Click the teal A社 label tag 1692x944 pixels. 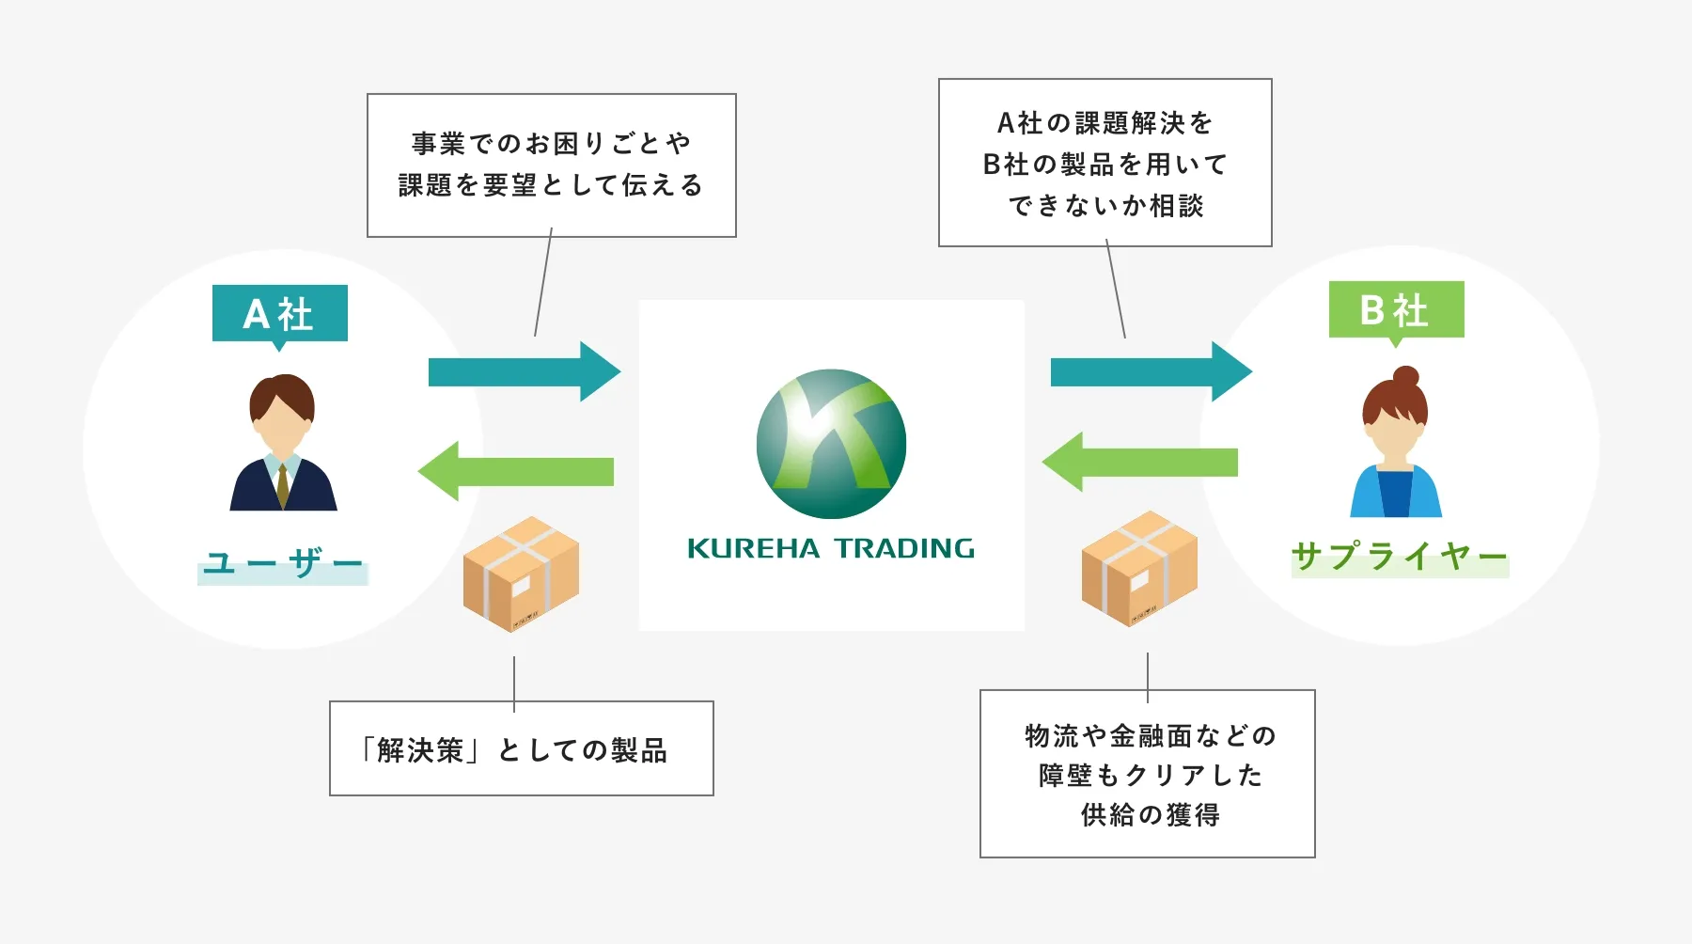[x=279, y=313]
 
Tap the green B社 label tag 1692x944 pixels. [x=1396, y=309]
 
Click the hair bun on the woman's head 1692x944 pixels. [x=1405, y=377]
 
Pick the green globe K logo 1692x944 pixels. [x=831, y=443]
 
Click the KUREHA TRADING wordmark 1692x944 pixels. [x=831, y=548]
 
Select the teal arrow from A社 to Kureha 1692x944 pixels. [x=524, y=372]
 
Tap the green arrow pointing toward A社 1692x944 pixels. [x=516, y=471]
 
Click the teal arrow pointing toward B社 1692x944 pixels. [x=1151, y=372]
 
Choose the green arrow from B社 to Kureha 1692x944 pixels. [x=1139, y=462]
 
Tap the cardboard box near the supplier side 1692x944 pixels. [x=1139, y=568]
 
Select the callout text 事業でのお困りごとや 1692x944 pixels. [x=551, y=144]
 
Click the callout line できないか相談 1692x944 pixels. [x=1105, y=206]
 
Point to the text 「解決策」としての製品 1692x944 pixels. [x=514, y=750]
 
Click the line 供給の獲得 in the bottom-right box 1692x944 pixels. [x=1150, y=814]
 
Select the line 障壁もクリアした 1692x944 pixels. [x=1150, y=775]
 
